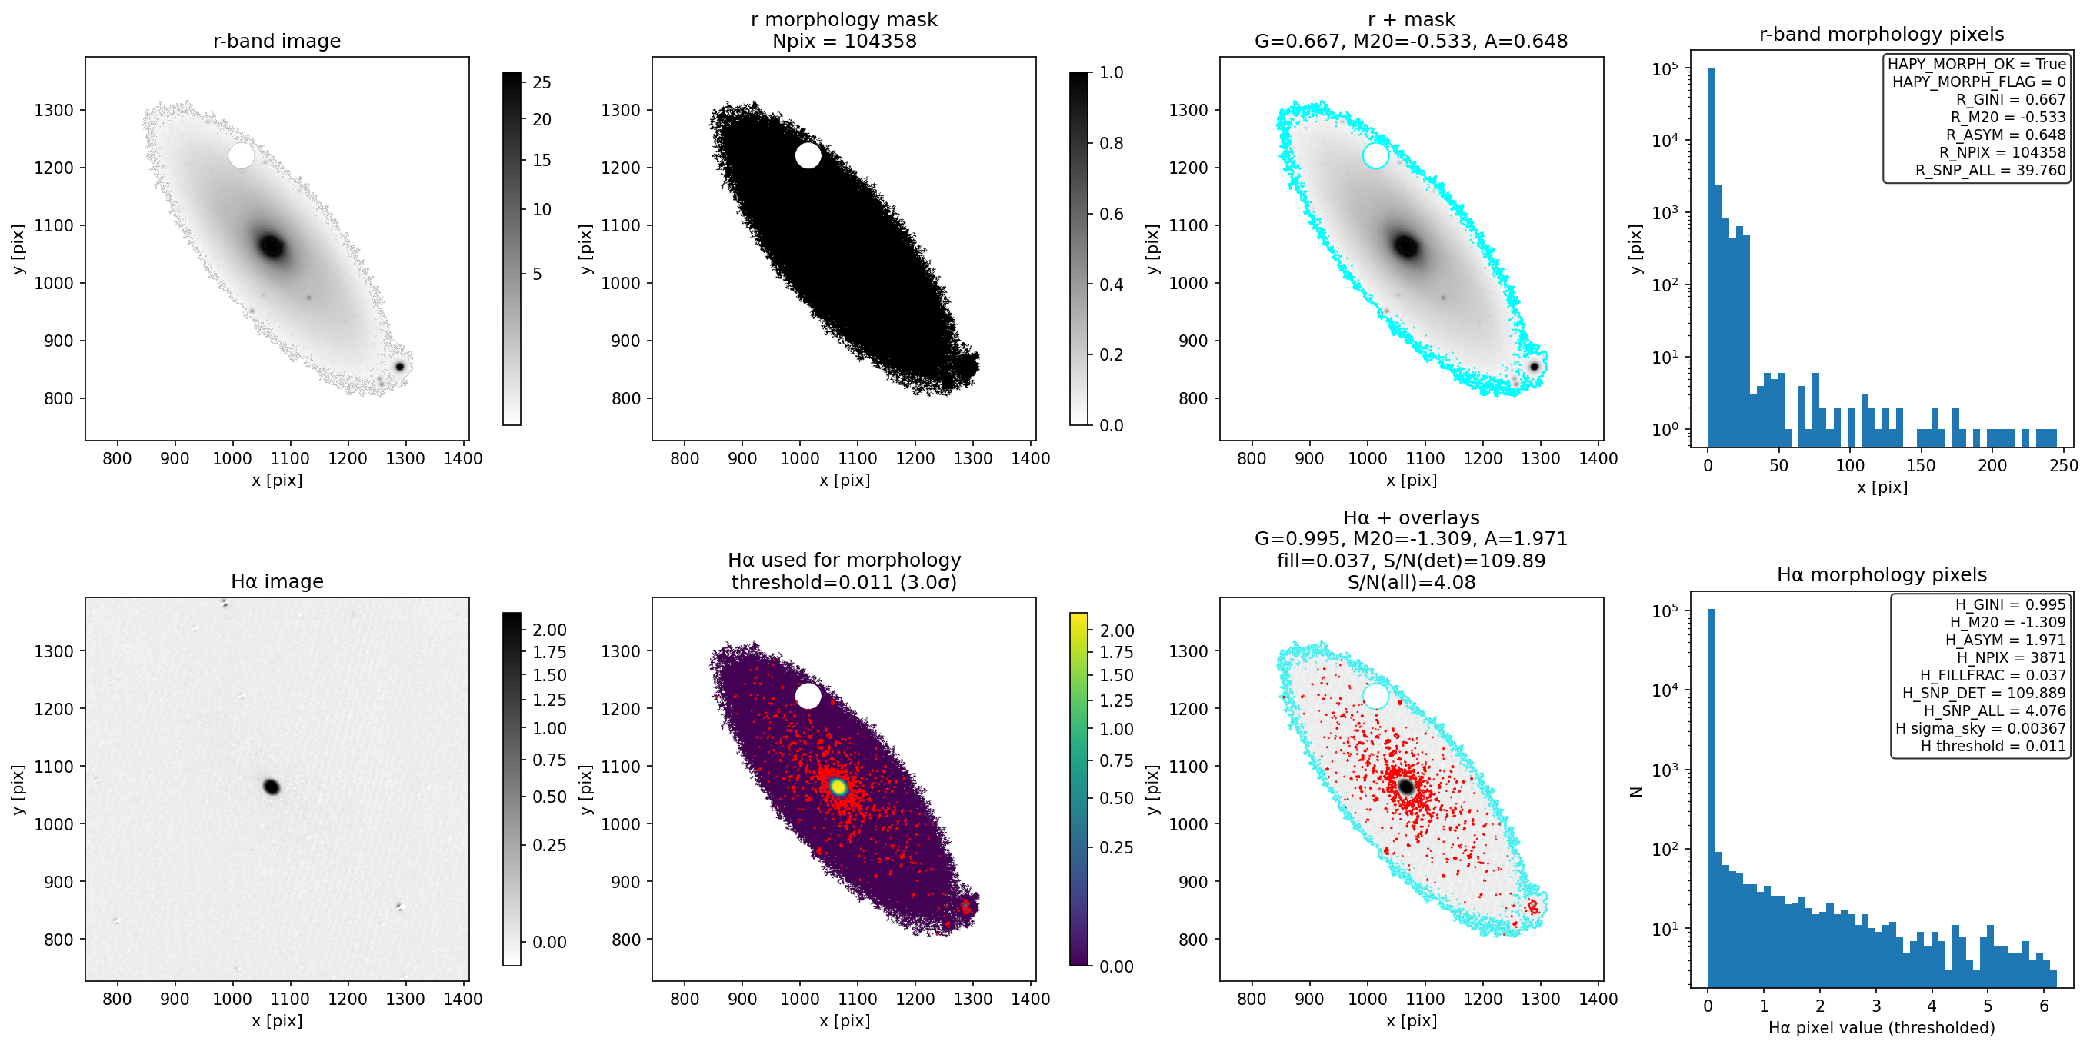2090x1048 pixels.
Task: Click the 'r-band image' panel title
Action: click(277, 41)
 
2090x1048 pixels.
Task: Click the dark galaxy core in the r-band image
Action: click(272, 245)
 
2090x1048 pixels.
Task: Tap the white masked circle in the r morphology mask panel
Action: click(808, 155)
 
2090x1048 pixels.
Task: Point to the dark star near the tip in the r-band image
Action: click(399, 367)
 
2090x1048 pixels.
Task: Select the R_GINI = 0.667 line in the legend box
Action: click(2011, 99)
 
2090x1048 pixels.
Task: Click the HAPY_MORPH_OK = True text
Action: click(1976, 64)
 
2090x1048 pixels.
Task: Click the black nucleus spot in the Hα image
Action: click(272, 787)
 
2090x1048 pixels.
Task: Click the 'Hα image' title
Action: click(277, 581)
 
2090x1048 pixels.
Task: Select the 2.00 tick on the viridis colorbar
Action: click(1116, 631)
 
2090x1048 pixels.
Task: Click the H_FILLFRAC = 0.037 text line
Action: click(1992, 675)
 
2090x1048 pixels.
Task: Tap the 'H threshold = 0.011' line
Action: click(1992, 746)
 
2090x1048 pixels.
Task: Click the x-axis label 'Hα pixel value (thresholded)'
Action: click(1882, 1028)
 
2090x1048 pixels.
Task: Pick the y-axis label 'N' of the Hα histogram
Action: click(1635, 792)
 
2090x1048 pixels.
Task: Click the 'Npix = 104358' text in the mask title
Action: click(844, 41)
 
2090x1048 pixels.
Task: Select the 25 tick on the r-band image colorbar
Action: click(542, 83)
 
